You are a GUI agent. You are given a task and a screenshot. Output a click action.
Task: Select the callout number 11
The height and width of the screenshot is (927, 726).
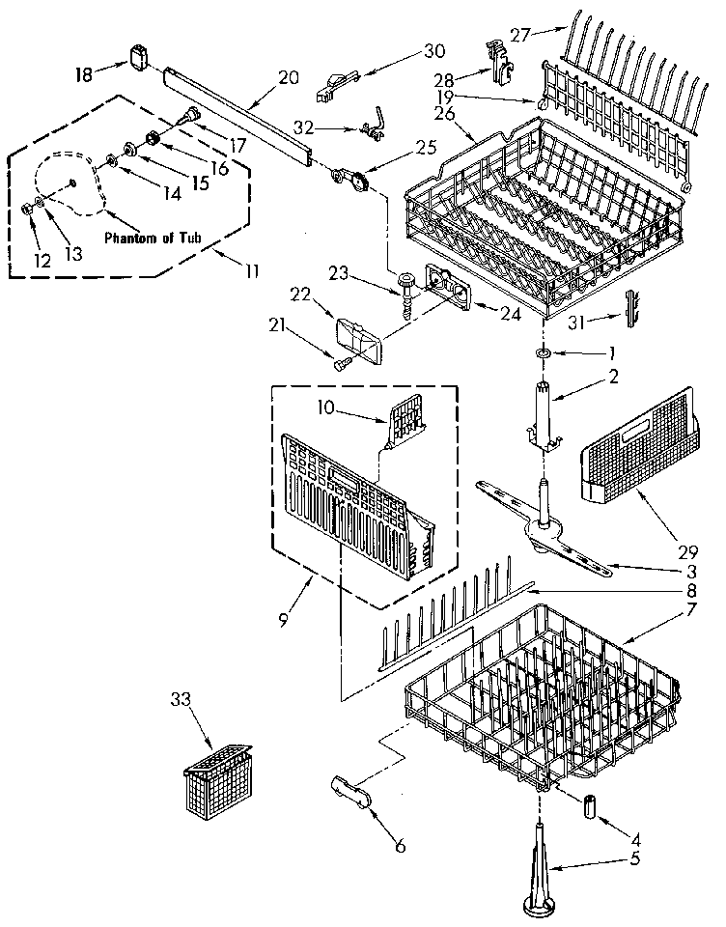[252, 271]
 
